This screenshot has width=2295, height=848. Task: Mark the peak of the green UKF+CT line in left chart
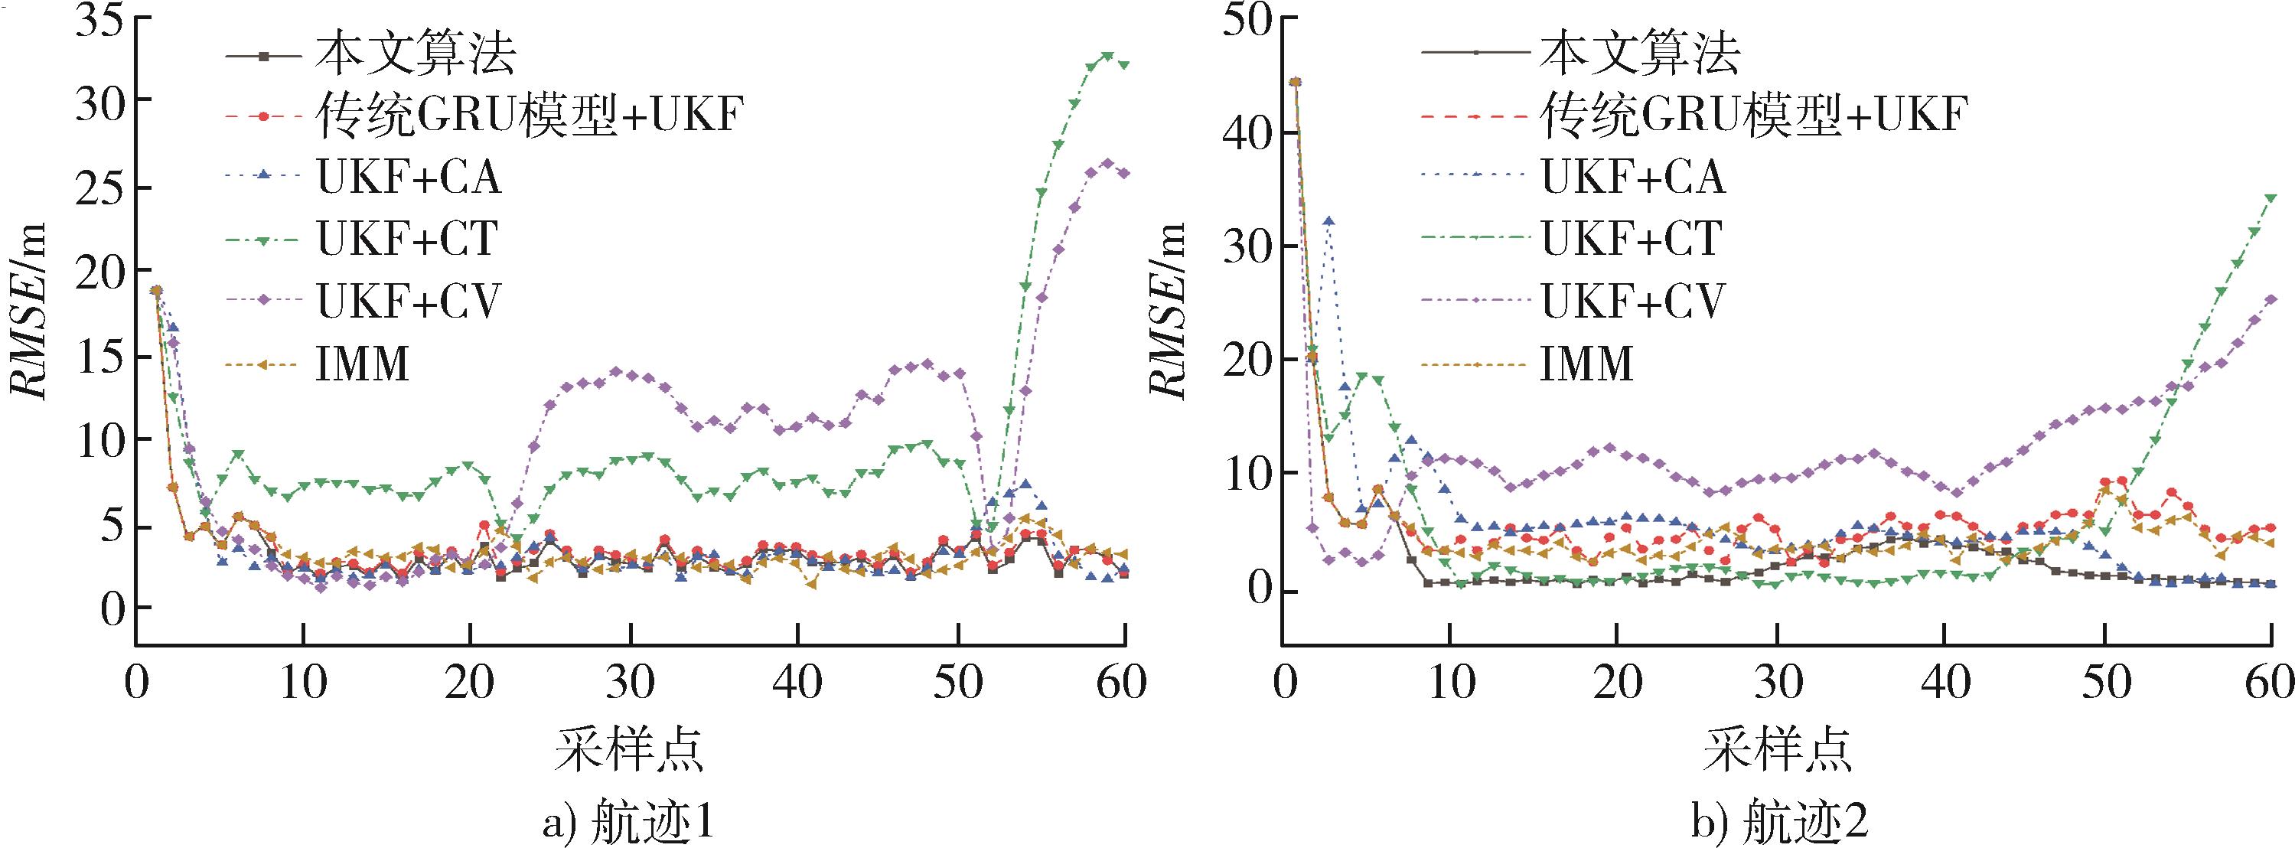(1107, 55)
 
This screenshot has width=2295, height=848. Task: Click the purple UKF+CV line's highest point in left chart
(1107, 163)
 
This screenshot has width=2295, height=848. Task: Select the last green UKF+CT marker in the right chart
(2270, 197)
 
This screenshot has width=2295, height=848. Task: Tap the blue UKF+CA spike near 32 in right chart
(1329, 221)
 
